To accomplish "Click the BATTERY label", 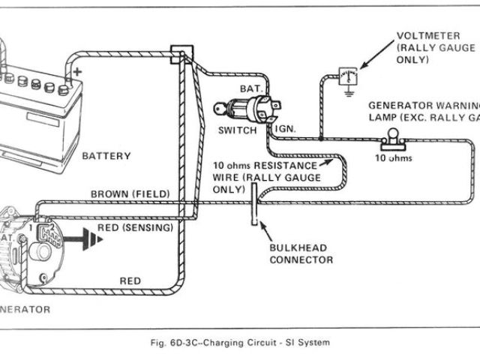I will [106, 156].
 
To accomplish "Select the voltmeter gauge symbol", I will [347, 76].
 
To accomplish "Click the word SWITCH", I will [238, 130].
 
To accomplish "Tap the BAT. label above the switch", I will [250, 89].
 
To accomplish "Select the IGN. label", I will [286, 129].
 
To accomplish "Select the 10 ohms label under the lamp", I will [394, 159].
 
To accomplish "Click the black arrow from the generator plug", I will [84, 241].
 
